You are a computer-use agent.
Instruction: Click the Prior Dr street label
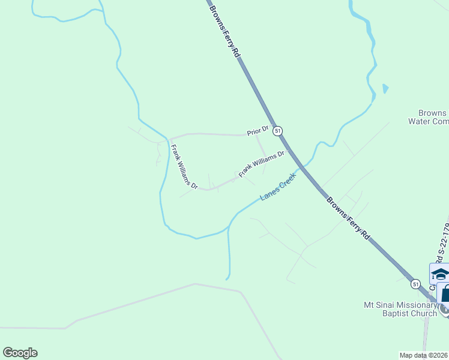click(x=257, y=131)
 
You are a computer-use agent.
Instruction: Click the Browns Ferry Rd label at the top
click(x=224, y=29)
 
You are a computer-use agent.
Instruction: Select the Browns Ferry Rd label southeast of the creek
click(x=349, y=218)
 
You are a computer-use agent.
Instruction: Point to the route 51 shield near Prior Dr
click(x=277, y=130)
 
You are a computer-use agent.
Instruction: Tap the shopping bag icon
click(x=445, y=294)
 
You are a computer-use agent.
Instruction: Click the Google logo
click(x=20, y=353)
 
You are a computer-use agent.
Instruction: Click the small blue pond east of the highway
click(x=385, y=89)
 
